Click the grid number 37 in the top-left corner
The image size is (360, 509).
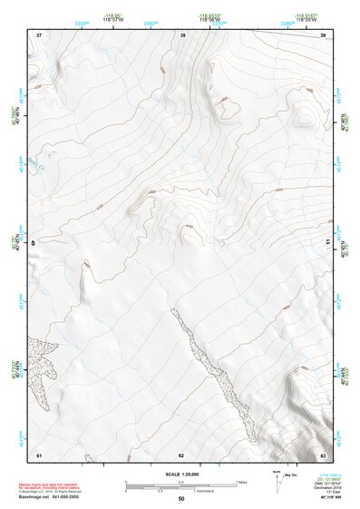tap(39, 34)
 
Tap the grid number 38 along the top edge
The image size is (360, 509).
tap(183, 34)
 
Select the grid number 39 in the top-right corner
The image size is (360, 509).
tap(323, 34)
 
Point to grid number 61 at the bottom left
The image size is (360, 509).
tap(39, 454)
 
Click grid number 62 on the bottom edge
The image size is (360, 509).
tap(181, 455)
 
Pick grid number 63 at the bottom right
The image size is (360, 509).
tap(323, 454)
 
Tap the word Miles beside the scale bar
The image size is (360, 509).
tap(240, 482)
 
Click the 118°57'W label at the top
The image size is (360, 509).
tap(116, 18)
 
